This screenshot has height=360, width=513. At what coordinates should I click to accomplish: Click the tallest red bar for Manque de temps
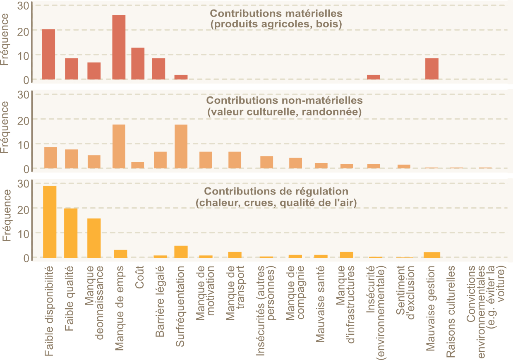(119, 47)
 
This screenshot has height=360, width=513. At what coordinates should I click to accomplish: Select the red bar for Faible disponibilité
(48, 54)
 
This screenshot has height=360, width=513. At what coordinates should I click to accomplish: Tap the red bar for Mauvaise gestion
(432, 69)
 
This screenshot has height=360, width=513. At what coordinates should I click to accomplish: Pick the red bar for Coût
(138, 63)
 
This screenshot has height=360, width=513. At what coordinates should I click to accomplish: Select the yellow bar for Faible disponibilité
(50, 222)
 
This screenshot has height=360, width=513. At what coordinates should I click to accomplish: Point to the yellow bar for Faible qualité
(71, 233)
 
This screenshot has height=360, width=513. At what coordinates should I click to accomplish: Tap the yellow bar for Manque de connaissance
(94, 238)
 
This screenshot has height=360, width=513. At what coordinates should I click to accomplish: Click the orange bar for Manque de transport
(235, 160)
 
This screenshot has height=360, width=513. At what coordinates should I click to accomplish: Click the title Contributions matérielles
(276, 13)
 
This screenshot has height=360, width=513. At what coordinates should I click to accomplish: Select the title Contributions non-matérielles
(284, 101)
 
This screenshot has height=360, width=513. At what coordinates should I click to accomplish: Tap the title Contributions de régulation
(276, 192)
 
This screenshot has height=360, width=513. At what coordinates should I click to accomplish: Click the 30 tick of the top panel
(23, 6)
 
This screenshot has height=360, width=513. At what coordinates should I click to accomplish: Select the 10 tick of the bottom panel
(23, 233)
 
